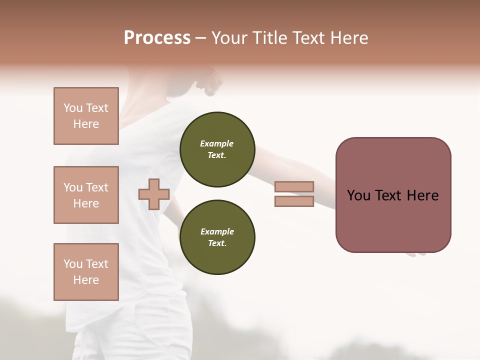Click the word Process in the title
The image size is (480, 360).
coord(157,38)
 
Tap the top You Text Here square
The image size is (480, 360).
coord(86,116)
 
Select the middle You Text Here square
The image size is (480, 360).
coord(86,195)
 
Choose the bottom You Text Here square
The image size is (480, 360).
coord(86,272)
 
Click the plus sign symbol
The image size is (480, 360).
coord(154,194)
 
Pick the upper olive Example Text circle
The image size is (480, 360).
coord(217,149)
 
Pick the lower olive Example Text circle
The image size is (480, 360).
coord(217,237)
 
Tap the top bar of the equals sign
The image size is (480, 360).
coord(294,186)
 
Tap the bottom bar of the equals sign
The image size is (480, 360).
coord(294,201)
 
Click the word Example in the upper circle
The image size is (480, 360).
coord(216,143)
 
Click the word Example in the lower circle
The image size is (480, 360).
coord(217,231)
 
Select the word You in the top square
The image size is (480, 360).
coord(73,108)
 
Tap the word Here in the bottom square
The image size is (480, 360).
coord(86,280)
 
